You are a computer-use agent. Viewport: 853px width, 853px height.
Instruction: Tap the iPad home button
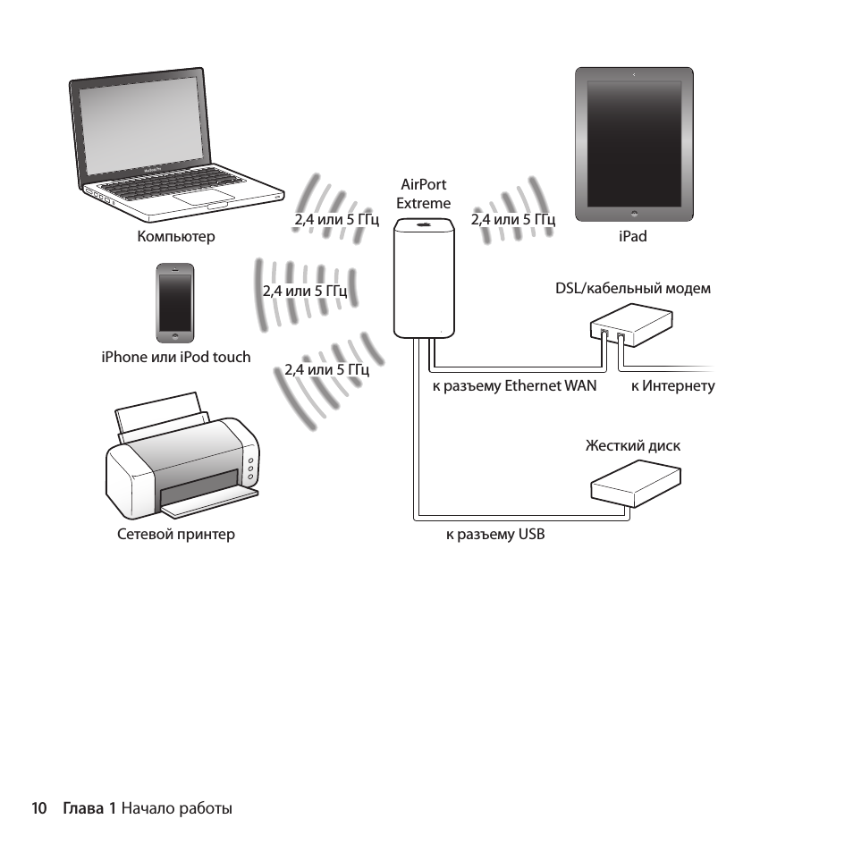point(633,213)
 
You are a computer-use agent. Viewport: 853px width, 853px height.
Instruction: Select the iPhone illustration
point(175,302)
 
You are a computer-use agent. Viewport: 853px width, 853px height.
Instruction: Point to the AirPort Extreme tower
point(425,284)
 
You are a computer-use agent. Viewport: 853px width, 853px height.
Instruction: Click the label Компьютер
point(176,237)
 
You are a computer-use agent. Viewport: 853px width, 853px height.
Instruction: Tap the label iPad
point(632,237)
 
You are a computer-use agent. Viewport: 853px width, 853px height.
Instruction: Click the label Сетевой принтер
point(176,535)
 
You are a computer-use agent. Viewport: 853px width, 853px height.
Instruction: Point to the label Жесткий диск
point(632,445)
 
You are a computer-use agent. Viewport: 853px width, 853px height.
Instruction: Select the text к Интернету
point(672,386)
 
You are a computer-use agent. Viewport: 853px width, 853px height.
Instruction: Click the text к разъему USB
point(494,535)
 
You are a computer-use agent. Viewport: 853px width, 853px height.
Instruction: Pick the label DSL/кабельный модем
point(633,289)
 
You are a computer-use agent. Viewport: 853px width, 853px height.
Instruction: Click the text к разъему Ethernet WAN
point(514,386)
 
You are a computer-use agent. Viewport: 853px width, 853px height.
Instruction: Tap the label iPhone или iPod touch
point(176,357)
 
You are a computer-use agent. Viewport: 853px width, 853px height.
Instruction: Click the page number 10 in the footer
point(38,808)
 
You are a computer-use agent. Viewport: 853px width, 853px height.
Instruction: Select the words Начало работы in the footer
point(176,808)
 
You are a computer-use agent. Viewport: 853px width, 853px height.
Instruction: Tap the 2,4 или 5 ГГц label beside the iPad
point(513,220)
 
